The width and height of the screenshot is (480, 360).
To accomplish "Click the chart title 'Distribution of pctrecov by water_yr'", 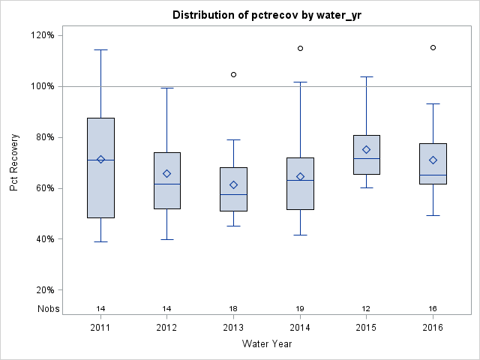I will click(267, 15).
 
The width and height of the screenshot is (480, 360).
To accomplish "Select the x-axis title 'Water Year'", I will click(266, 344).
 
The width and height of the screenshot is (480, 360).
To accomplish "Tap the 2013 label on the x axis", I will click(233, 328).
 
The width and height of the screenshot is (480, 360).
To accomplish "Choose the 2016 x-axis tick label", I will click(433, 328).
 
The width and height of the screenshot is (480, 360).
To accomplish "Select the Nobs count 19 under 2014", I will click(300, 309).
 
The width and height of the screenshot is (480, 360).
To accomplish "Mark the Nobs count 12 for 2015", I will click(366, 309).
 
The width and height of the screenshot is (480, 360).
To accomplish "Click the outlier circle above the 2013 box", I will click(233, 74).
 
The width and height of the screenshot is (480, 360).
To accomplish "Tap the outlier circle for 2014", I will click(300, 48).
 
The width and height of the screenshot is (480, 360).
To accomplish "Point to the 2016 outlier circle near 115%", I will click(433, 47).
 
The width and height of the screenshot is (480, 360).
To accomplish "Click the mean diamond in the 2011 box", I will click(100, 159).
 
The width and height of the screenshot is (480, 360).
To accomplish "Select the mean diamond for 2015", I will click(366, 149).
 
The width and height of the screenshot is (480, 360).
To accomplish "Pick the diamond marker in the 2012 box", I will click(167, 173).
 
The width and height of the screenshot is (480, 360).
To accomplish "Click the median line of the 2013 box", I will click(233, 194).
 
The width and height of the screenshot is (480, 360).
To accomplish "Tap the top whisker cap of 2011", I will click(100, 49).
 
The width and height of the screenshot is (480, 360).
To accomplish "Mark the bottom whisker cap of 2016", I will click(433, 215).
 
